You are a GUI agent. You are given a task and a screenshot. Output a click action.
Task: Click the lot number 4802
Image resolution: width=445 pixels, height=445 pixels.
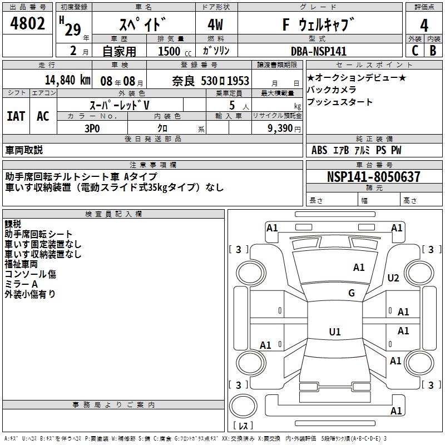(x=27, y=24)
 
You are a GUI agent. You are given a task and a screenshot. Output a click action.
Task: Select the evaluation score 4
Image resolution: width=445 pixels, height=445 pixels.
(x=424, y=25)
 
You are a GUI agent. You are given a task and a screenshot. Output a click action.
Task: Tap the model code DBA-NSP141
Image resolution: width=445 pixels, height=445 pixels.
(x=319, y=51)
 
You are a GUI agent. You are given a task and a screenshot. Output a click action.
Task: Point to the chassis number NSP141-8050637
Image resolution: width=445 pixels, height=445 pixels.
(x=374, y=177)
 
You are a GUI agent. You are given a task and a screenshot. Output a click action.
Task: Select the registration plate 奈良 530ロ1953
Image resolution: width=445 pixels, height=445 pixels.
(x=210, y=81)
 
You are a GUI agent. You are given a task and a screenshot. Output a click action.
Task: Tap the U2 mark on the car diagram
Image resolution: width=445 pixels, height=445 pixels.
(x=393, y=278)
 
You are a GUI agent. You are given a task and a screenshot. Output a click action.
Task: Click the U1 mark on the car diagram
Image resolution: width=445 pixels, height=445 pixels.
(x=334, y=332)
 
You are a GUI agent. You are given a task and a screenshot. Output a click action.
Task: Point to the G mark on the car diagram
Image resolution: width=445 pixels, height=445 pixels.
(x=351, y=293)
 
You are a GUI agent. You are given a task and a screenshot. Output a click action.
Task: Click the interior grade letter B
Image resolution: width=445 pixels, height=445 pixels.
(x=433, y=51)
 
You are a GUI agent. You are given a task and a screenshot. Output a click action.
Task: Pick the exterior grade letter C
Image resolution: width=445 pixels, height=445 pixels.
(x=414, y=51)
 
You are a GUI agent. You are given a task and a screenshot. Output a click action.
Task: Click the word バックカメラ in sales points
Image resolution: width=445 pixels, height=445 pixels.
(x=332, y=90)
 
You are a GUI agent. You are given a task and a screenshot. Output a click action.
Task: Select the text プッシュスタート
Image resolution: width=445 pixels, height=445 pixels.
(x=340, y=102)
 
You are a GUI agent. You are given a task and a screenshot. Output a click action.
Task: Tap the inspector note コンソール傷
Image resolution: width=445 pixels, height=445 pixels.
(x=31, y=274)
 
